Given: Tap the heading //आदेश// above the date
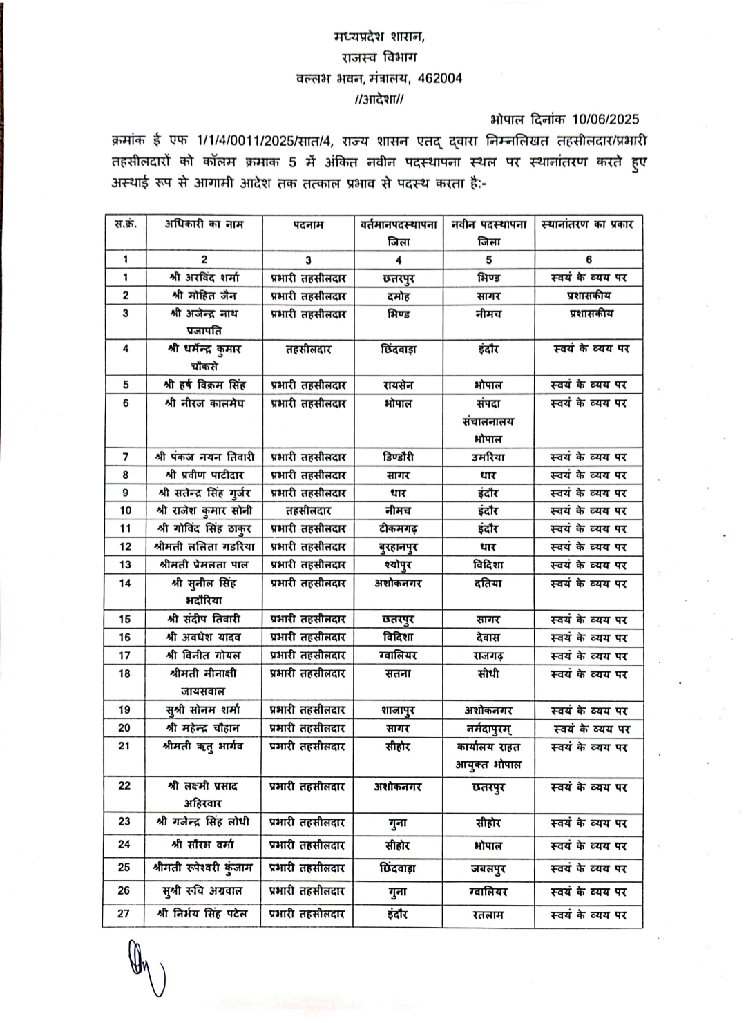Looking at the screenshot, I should (x=379, y=99).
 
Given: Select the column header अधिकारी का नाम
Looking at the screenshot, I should (x=204, y=224).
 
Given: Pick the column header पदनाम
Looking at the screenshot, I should (x=308, y=224).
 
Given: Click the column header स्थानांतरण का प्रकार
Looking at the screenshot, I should (x=588, y=224).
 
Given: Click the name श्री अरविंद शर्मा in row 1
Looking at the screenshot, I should (x=204, y=278).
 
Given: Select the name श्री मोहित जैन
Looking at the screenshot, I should (x=204, y=296).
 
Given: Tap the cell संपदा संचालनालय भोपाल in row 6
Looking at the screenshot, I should (x=488, y=421).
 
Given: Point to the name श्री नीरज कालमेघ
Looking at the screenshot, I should (x=204, y=403).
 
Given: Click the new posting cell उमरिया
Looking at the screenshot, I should (x=488, y=457).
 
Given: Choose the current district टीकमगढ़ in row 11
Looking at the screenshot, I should (x=399, y=528).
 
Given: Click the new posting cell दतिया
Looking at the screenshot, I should (x=488, y=583).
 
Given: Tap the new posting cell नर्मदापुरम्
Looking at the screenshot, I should (x=488, y=728).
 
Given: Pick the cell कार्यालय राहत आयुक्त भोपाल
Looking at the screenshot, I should (x=488, y=755).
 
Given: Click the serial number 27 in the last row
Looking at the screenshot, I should (x=124, y=913).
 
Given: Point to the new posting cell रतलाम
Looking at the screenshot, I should (x=488, y=915).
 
